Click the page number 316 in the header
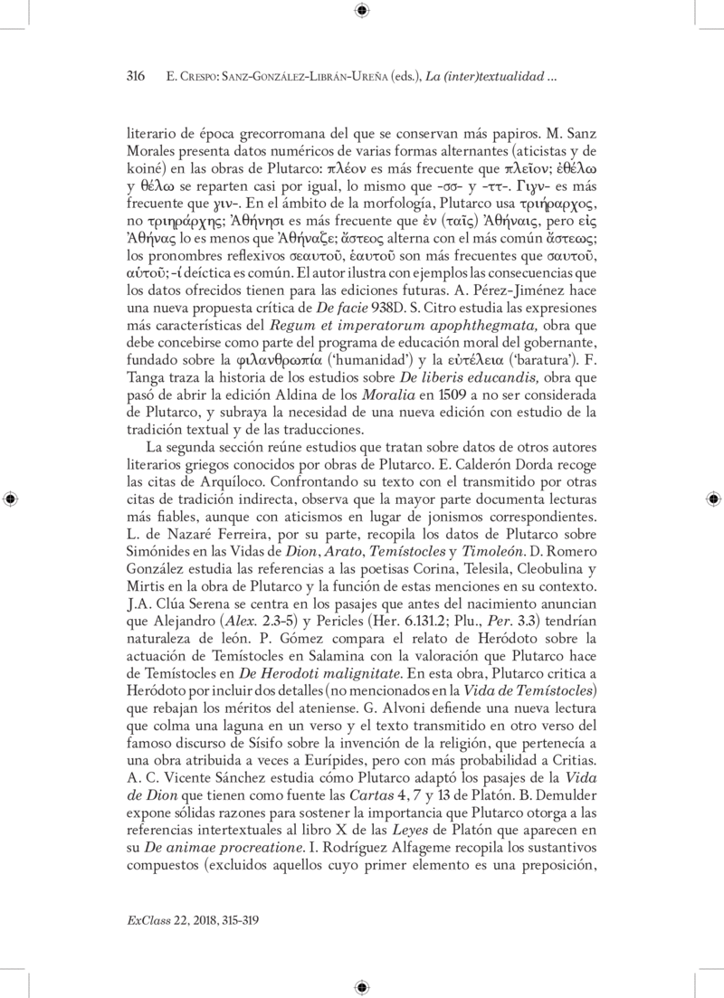(135, 79)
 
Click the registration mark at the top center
(362, 11)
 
